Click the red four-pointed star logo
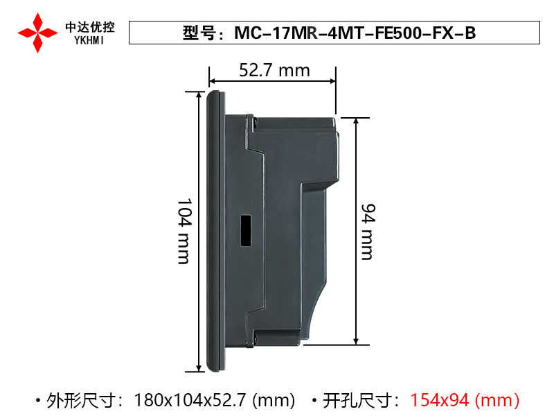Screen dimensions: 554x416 pos(38,33)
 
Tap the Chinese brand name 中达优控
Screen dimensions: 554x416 pos(90,27)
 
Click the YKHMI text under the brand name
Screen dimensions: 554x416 pos(89,41)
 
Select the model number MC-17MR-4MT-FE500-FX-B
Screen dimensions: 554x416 pos(355,33)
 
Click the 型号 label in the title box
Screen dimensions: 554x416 pos(199,33)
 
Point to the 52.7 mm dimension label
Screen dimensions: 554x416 pos(274,70)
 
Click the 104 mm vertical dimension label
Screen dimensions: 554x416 pos(184,232)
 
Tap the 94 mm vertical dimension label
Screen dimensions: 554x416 pos(368,232)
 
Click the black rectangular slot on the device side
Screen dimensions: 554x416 pos(246,230)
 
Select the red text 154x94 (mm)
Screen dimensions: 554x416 pos(465,401)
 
